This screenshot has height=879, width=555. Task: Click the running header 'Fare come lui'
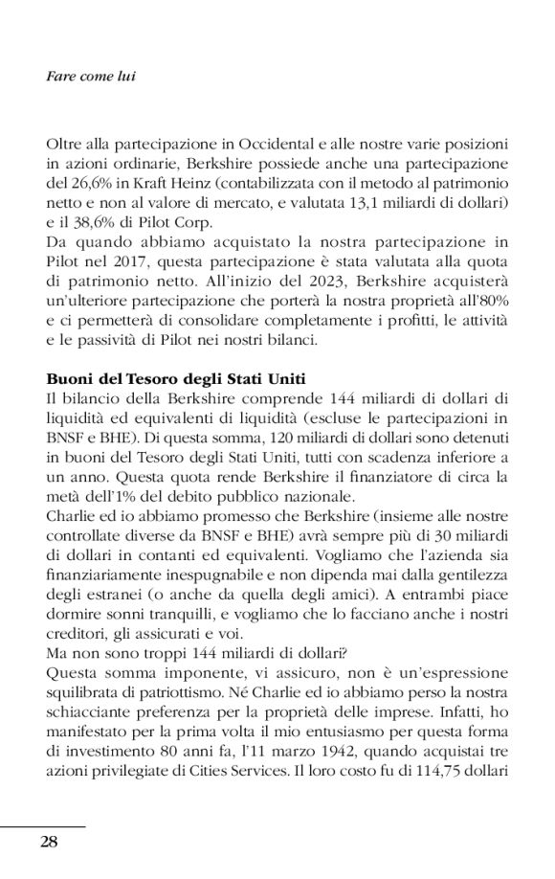point(91,77)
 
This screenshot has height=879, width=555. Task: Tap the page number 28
point(50,842)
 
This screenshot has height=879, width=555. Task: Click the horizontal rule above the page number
point(43,825)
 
